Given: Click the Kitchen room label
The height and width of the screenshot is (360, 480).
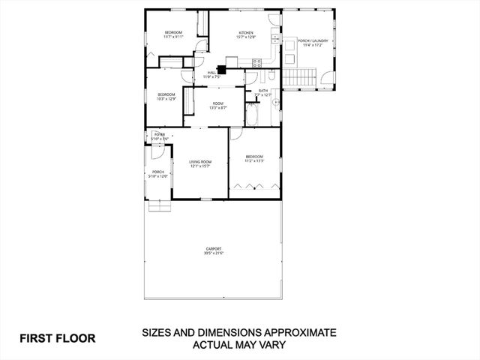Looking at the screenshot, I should [x=246, y=33].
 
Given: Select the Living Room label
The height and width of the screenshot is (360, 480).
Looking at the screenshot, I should [x=200, y=162].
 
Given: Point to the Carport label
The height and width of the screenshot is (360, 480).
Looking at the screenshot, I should [x=214, y=249].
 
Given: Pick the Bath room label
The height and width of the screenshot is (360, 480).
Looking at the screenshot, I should [x=263, y=91].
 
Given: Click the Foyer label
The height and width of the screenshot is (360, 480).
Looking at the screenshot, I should [x=159, y=135].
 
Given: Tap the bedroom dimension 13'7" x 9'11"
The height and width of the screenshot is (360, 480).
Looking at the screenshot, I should [x=174, y=37].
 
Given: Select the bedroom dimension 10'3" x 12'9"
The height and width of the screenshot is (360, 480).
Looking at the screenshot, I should [x=166, y=98].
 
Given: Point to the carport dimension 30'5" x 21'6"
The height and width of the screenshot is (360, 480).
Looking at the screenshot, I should [x=214, y=253].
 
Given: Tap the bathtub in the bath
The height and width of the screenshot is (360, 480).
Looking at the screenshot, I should [x=252, y=115].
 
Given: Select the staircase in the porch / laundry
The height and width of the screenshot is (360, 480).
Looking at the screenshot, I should [x=299, y=76].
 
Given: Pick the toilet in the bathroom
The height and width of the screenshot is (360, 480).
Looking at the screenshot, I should [x=275, y=100].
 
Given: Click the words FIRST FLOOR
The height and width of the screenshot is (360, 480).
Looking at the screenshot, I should [x=58, y=338].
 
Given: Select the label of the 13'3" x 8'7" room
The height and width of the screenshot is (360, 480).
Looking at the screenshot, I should [x=217, y=103].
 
